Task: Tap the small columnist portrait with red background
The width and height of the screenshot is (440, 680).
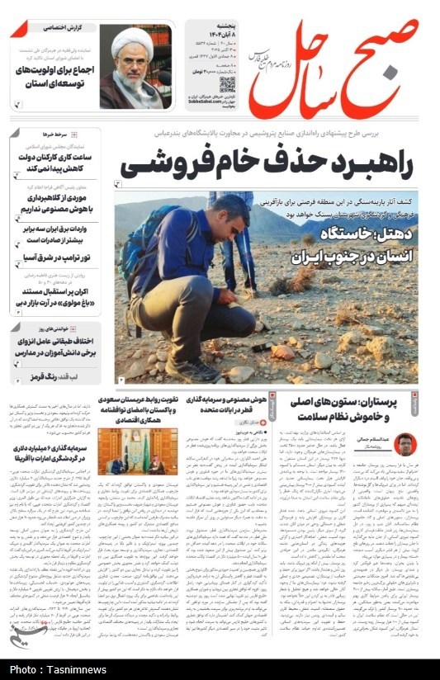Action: (x=405, y=444)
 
